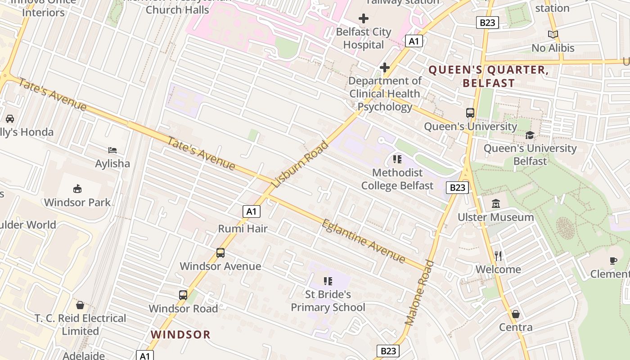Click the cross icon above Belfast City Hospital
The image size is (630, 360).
click(x=364, y=18)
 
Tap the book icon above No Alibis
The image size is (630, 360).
click(x=553, y=34)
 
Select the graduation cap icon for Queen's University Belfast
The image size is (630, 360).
click(x=530, y=135)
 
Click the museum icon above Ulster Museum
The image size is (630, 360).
click(x=495, y=203)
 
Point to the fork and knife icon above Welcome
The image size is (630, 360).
click(x=498, y=256)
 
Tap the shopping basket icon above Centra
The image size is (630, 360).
click(x=516, y=314)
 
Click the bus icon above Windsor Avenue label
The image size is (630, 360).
click(x=220, y=252)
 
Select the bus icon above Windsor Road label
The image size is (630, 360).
click(x=183, y=295)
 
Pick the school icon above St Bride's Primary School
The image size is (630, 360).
click(x=328, y=281)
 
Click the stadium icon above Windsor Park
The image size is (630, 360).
click(x=77, y=189)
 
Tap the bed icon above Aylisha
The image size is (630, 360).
click(x=112, y=150)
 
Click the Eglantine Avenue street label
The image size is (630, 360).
click(x=364, y=240)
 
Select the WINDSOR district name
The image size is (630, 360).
click(x=180, y=334)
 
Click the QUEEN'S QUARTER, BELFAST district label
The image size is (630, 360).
click(x=489, y=76)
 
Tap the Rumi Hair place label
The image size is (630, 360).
click(x=243, y=229)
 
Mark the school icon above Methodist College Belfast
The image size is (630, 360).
click(x=397, y=159)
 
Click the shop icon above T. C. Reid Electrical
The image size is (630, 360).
click(x=80, y=305)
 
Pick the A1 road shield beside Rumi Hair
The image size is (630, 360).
click(x=252, y=211)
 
